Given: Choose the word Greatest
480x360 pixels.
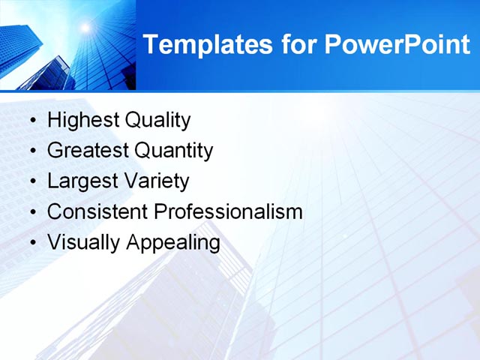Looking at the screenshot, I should pos(88,151).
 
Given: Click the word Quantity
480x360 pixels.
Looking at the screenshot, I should pos(174,151).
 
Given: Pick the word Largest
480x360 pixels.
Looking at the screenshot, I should pos(81,181).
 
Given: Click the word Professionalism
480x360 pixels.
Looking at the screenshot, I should pos(228,212).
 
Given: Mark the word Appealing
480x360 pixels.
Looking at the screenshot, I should pos(173,243).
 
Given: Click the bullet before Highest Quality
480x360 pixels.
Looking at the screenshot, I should pos(31,121).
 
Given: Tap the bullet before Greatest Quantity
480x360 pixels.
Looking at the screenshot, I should pos(31,151).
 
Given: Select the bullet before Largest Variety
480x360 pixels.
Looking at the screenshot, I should pos(31,182).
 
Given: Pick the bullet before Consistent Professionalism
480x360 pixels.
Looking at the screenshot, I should pos(31,213).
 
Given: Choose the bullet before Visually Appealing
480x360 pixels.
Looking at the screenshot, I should pos(31,244).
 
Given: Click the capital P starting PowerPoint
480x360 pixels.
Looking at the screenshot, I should pos(334,45).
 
